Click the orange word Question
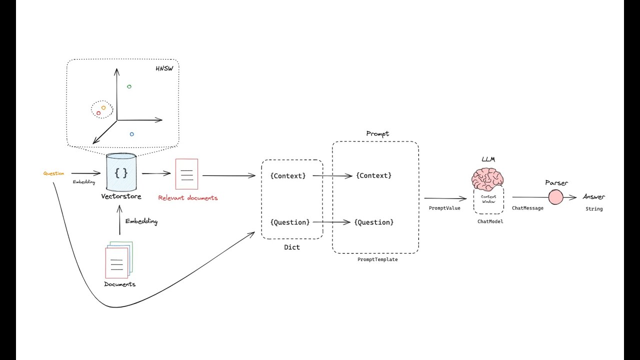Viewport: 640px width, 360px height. click(x=53, y=173)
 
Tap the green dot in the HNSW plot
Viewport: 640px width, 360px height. click(x=129, y=86)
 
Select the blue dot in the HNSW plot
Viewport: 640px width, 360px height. click(x=131, y=134)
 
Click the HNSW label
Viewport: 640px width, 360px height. click(x=164, y=68)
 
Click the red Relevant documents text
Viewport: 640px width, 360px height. click(x=188, y=198)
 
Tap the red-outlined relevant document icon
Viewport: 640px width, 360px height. click(x=186, y=174)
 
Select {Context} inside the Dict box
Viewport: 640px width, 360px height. click(x=287, y=175)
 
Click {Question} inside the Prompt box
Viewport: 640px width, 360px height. click(x=374, y=222)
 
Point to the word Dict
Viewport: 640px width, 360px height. click(x=292, y=247)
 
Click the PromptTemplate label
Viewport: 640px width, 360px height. click(x=377, y=259)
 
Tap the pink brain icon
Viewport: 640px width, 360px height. click(x=487, y=179)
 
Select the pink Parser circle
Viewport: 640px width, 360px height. click(x=555, y=197)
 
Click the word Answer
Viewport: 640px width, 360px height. click(x=593, y=197)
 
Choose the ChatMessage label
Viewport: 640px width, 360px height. click(x=527, y=208)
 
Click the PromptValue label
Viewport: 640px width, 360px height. click(x=444, y=208)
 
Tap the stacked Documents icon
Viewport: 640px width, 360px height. click(x=118, y=259)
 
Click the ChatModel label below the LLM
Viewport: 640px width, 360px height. click(x=490, y=221)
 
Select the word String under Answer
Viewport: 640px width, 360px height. click(x=594, y=209)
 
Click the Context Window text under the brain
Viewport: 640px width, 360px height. click(x=488, y=199)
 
